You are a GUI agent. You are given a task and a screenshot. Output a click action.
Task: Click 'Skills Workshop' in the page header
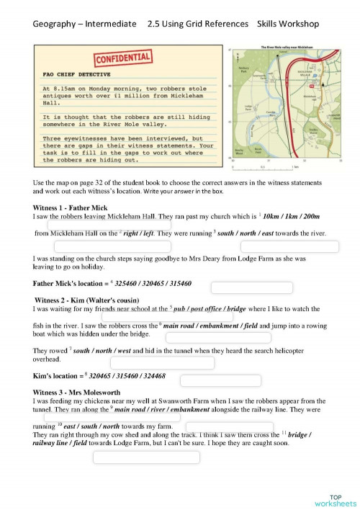coord(288,24)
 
